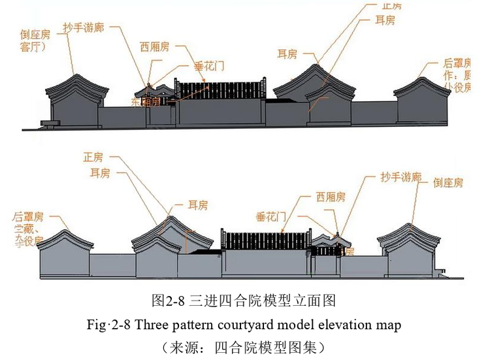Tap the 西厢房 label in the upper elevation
pos(154,46)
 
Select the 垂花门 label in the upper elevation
pos(210,65)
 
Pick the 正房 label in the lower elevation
pos(93,157)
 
